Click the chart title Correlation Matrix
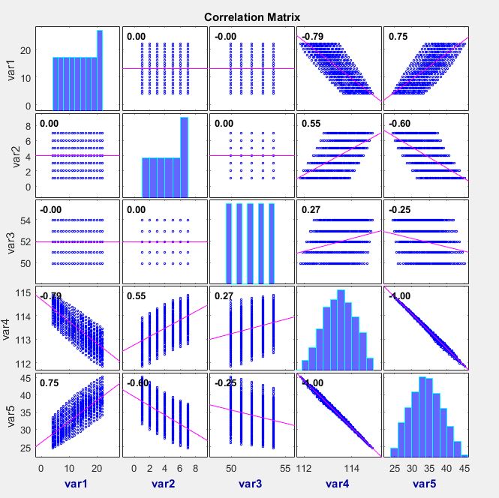click(x=252, y=16)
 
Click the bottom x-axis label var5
click(x=426, y=484)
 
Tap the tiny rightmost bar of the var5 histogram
click(x=464, y=455)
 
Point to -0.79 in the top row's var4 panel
click(x=311, y=37)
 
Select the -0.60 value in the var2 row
click(x=398, y=123)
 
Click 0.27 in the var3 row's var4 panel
click(x=310, y=210)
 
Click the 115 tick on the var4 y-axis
click(x=24, y=293)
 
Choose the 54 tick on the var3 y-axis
click(x=26, y=220)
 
